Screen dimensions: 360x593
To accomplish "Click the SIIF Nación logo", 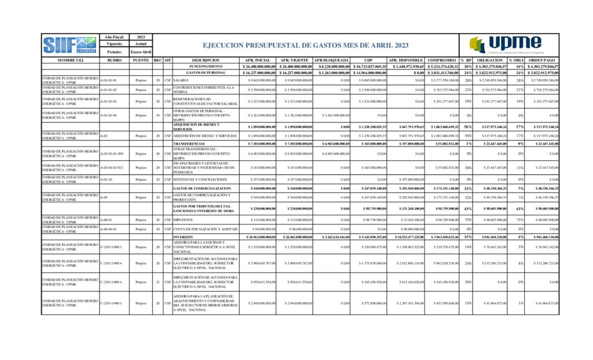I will point(69,45).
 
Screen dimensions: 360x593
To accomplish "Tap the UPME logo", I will point(506,45).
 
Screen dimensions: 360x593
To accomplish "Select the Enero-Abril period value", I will point(141,52).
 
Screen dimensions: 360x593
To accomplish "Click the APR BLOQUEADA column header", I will point(331,60).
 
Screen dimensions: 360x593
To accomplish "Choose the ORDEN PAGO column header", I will point(542,60).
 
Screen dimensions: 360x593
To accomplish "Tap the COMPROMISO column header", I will point(442,60).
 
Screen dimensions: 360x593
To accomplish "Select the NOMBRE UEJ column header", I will point(71,60).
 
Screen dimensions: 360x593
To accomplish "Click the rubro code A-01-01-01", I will point(109,80).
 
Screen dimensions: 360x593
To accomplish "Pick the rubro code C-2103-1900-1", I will point(113,303).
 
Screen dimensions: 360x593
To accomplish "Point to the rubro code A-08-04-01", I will point(110,229).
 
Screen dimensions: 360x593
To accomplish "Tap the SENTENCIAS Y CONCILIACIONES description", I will point(200,179).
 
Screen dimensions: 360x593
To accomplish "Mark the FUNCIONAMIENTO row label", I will point(205,67).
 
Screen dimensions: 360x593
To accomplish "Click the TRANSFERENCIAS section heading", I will point(190,143).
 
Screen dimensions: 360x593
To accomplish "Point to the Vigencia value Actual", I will point(141,45).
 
